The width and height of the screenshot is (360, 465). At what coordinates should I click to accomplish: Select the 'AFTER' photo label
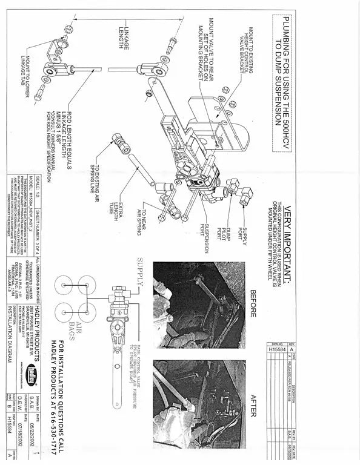(254, 404)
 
